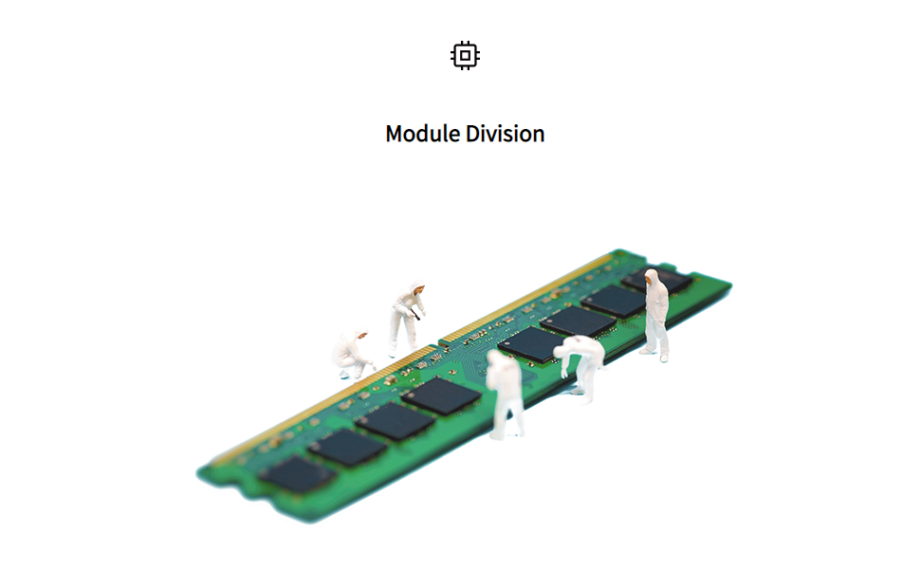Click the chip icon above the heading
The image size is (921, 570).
(465, 56)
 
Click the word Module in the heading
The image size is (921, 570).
(423, 134)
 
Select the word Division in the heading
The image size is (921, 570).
(506, 134)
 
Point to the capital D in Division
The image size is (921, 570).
(473, 134)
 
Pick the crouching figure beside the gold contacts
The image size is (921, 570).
(353, 354)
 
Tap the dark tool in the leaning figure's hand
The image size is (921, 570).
(416, 315)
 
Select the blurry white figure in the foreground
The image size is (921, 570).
(506, 394)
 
